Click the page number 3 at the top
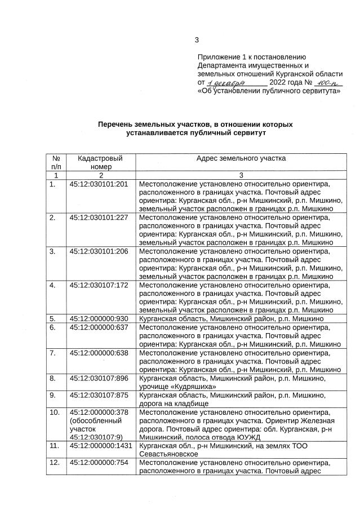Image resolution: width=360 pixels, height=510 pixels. tap(197, 39)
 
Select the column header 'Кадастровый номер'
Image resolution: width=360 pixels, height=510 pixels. tap(99, 162)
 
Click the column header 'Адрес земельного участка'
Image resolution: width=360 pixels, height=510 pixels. tap(241, 158)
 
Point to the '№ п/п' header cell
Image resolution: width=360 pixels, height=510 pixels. tap(56, 162)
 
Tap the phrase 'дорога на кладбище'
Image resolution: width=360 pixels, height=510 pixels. tap(174, 403)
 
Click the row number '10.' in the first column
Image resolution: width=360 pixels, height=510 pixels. tap(55, 412)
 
